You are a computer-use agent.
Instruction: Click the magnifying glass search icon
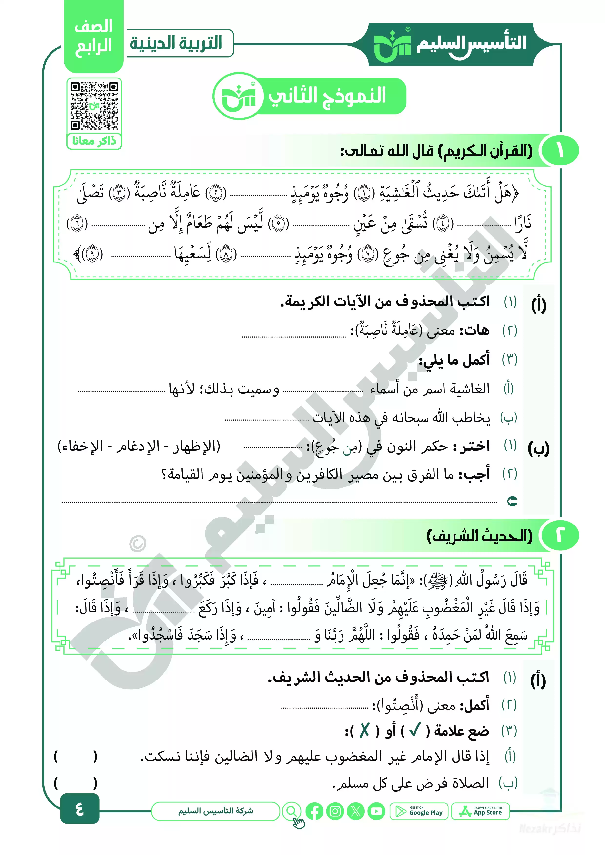tap(292, 811)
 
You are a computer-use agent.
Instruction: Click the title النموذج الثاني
tap(327, 96)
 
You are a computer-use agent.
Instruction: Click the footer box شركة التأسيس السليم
tap(215, 811)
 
